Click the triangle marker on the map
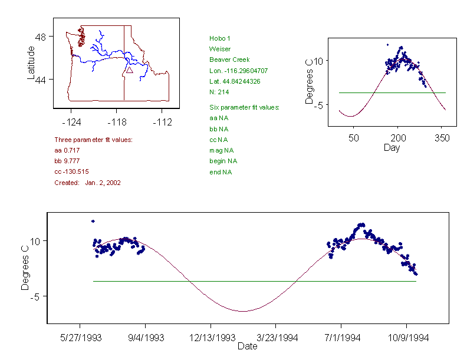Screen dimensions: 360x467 tap(129, 70)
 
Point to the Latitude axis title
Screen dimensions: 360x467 tap(32, 63)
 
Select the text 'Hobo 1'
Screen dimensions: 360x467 tap(220, 38)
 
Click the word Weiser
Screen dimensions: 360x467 tap(220, 49)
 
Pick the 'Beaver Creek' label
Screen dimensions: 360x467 tap(229, 60)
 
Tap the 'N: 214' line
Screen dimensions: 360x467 tap(219, 92)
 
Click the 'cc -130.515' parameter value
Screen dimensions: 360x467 tap(71, 171)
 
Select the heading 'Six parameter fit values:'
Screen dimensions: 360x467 tap(244, 107)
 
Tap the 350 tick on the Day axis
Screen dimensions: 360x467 tap(442, 138)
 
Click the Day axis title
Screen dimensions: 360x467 tap(392, 148)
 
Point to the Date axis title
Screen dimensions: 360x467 tap(248, 346)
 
